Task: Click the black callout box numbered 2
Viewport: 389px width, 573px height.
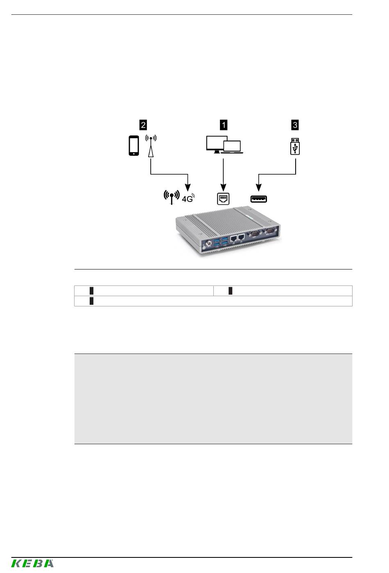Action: (x=143, y=125)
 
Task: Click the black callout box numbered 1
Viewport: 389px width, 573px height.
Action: (x=224, y=125)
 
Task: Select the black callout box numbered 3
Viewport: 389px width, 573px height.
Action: (x=295, y=125)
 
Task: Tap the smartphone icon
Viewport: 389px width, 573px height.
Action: (x=133, y=146)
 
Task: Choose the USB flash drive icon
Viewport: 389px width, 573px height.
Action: (x=295, y=146)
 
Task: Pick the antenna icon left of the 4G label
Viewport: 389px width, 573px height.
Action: (x=172, y=197)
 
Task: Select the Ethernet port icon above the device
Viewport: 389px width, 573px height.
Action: (x=223, y=199)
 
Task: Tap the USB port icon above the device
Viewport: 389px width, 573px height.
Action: (x=259, y=199)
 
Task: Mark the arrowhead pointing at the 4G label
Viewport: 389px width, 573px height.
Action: (x=188, y=187)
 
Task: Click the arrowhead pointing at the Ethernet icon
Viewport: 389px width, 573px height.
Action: (x=224, y=187)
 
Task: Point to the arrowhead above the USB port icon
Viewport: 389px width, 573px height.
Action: (x=259, y=187)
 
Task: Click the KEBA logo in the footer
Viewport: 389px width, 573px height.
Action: (x=32, y=563)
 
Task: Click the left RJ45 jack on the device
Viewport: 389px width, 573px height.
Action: (x=233, y=238)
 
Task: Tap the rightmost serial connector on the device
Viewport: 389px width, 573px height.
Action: (x=271, y=231)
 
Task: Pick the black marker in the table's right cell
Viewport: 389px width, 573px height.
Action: (x=231, y=291)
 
